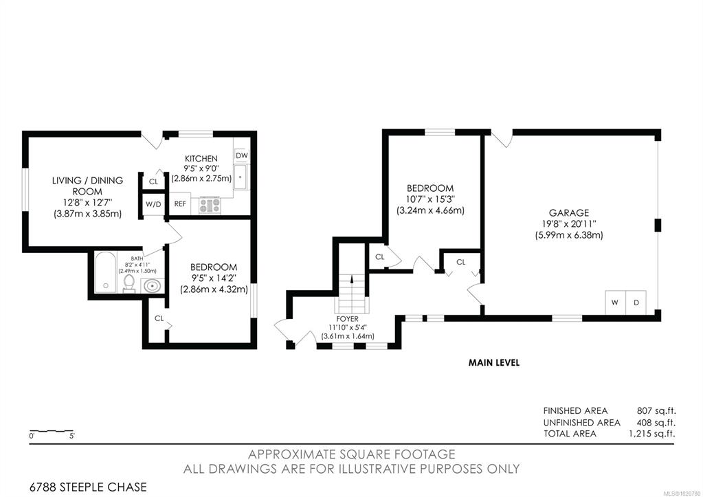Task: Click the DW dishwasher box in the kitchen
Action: [242, 155]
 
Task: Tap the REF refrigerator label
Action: [180, 203]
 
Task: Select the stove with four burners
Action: [210, 206]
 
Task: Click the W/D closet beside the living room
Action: [153, 204]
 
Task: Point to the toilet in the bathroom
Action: [129, 283]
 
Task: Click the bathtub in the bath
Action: [106, 272]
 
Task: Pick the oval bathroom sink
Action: [153, 285]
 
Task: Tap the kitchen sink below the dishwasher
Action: [241, 177]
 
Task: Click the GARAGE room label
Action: [569, 212]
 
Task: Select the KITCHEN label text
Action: [201, 158]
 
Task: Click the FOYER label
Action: [348, 319]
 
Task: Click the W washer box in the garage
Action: [615, 302]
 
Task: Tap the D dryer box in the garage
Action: [636, 302]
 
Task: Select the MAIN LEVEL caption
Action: [494, 362]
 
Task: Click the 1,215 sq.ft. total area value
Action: [652, 434]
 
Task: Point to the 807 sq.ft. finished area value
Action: [656, 410]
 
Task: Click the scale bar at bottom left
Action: [51, 432]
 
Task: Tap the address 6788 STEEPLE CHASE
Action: [89, 487]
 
